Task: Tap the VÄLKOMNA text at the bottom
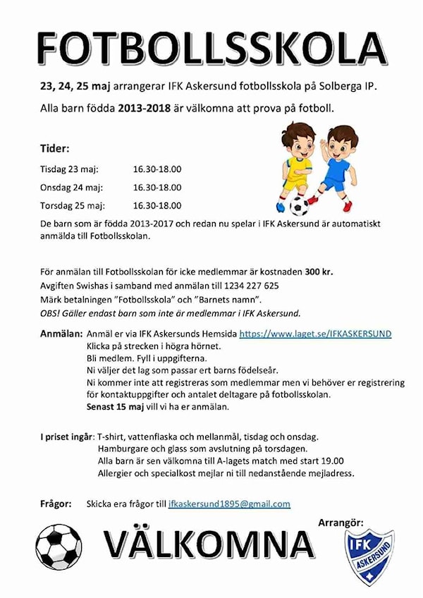point(209,544)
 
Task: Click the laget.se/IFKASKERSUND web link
point(315,334)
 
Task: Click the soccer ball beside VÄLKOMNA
point(59,547)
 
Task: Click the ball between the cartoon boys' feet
point(300,205)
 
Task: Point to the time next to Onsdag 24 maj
point(157,188)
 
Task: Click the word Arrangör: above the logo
point(341,523)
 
